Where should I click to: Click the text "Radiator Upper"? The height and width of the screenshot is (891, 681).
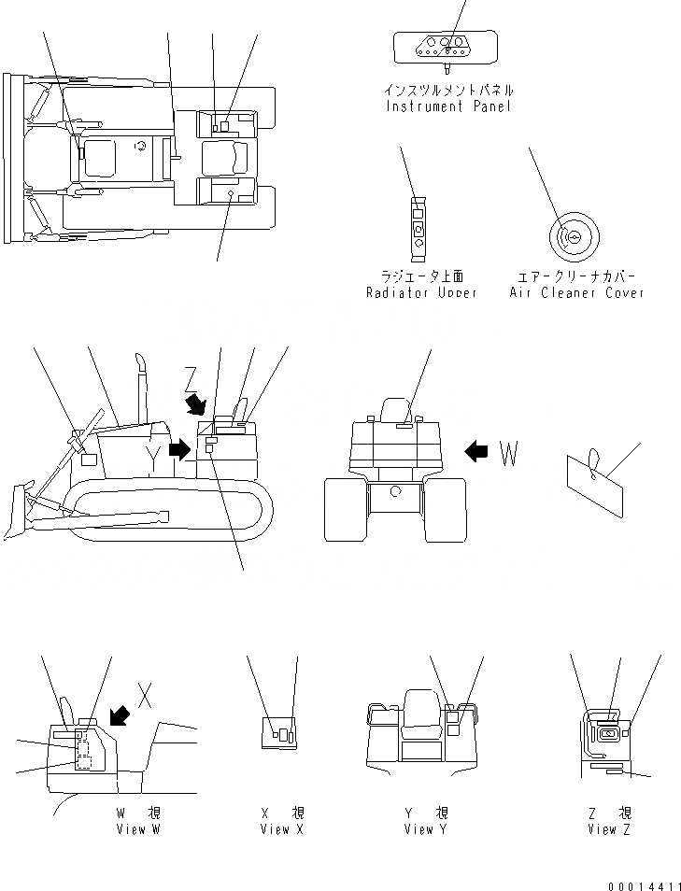[421, 292]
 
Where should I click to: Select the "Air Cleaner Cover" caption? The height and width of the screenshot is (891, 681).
[576, 292]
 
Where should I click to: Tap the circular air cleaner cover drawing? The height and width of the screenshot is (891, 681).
[571, 237]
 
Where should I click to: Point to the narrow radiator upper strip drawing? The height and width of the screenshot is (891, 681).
[419, 227]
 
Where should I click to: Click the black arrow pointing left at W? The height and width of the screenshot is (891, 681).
[476, 452]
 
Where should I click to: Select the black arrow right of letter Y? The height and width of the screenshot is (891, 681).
[179, 449]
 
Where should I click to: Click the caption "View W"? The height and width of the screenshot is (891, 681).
[138, 829]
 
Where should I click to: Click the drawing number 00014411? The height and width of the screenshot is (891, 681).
[640, 884]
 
